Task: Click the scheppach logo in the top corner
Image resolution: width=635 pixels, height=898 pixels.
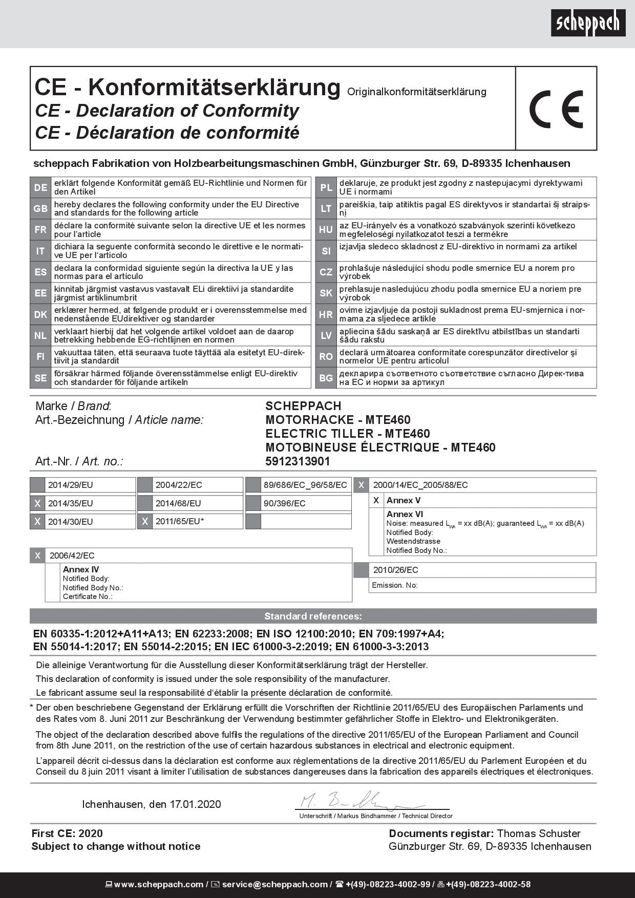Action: (588, 23)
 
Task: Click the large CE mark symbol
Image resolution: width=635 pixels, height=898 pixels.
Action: (556, 109)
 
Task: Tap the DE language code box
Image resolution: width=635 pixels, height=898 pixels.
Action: (40, 188)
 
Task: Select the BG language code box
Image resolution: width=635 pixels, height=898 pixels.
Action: (326, 378)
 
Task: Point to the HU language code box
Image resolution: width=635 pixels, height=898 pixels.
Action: (326, 230)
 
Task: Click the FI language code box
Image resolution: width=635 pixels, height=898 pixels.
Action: (40, 356)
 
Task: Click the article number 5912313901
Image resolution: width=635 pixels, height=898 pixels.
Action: (298, 461)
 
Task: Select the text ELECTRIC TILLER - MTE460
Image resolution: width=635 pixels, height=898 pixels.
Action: (347, 434)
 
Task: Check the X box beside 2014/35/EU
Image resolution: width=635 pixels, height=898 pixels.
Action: (37, 504)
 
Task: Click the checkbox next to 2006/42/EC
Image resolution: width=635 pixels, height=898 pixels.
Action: (37, 555)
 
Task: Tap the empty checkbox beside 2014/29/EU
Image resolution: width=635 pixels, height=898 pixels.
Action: (37, 485)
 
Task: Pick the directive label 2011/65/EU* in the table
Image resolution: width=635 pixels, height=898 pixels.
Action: (180, 521)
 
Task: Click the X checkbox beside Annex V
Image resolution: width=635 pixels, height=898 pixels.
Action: (376, 500)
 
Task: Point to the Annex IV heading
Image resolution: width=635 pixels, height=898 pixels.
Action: (81, 569)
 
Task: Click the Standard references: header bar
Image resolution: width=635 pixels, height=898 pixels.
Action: (313, 616)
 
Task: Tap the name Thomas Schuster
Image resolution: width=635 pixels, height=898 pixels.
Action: (539, 833)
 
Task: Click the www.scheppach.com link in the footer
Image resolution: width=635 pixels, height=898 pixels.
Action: (158, 884)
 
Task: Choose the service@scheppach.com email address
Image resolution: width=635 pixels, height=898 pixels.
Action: (274, 884)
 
